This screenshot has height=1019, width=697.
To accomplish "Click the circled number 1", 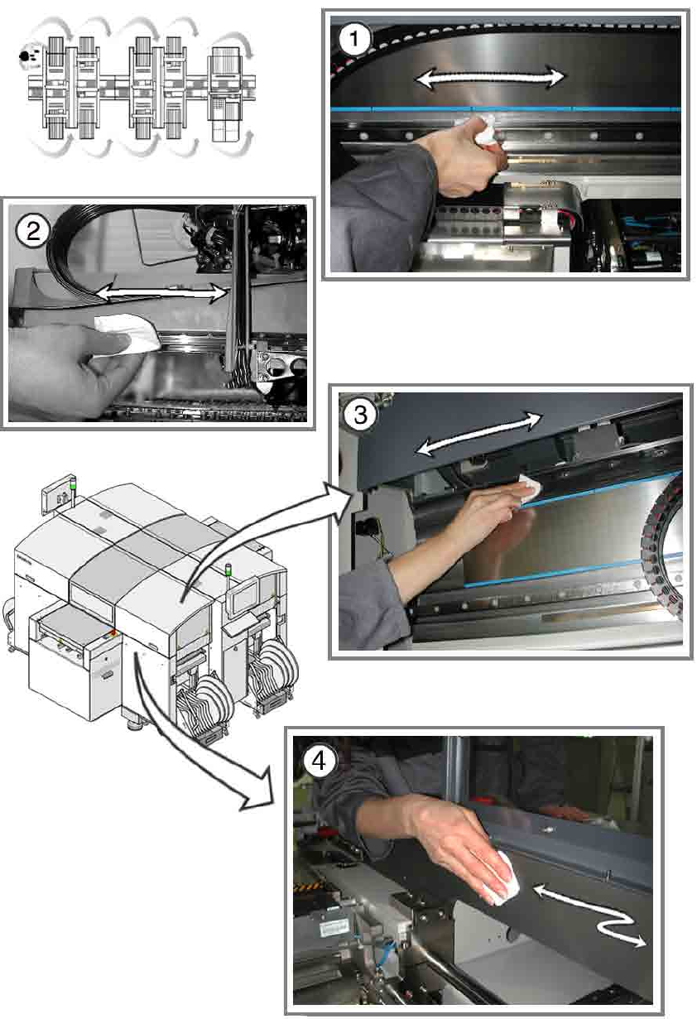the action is (355, 39).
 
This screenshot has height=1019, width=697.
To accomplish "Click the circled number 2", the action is (33, 232).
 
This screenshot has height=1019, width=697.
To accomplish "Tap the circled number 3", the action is (360, 416).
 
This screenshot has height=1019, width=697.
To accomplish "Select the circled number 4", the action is (319, 761).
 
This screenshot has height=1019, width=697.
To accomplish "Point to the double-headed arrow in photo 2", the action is (162, 293).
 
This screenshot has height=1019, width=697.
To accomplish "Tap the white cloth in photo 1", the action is (483, 131).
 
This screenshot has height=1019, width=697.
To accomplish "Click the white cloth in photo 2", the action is (127, 333).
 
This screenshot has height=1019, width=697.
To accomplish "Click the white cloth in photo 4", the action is (501, 878).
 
